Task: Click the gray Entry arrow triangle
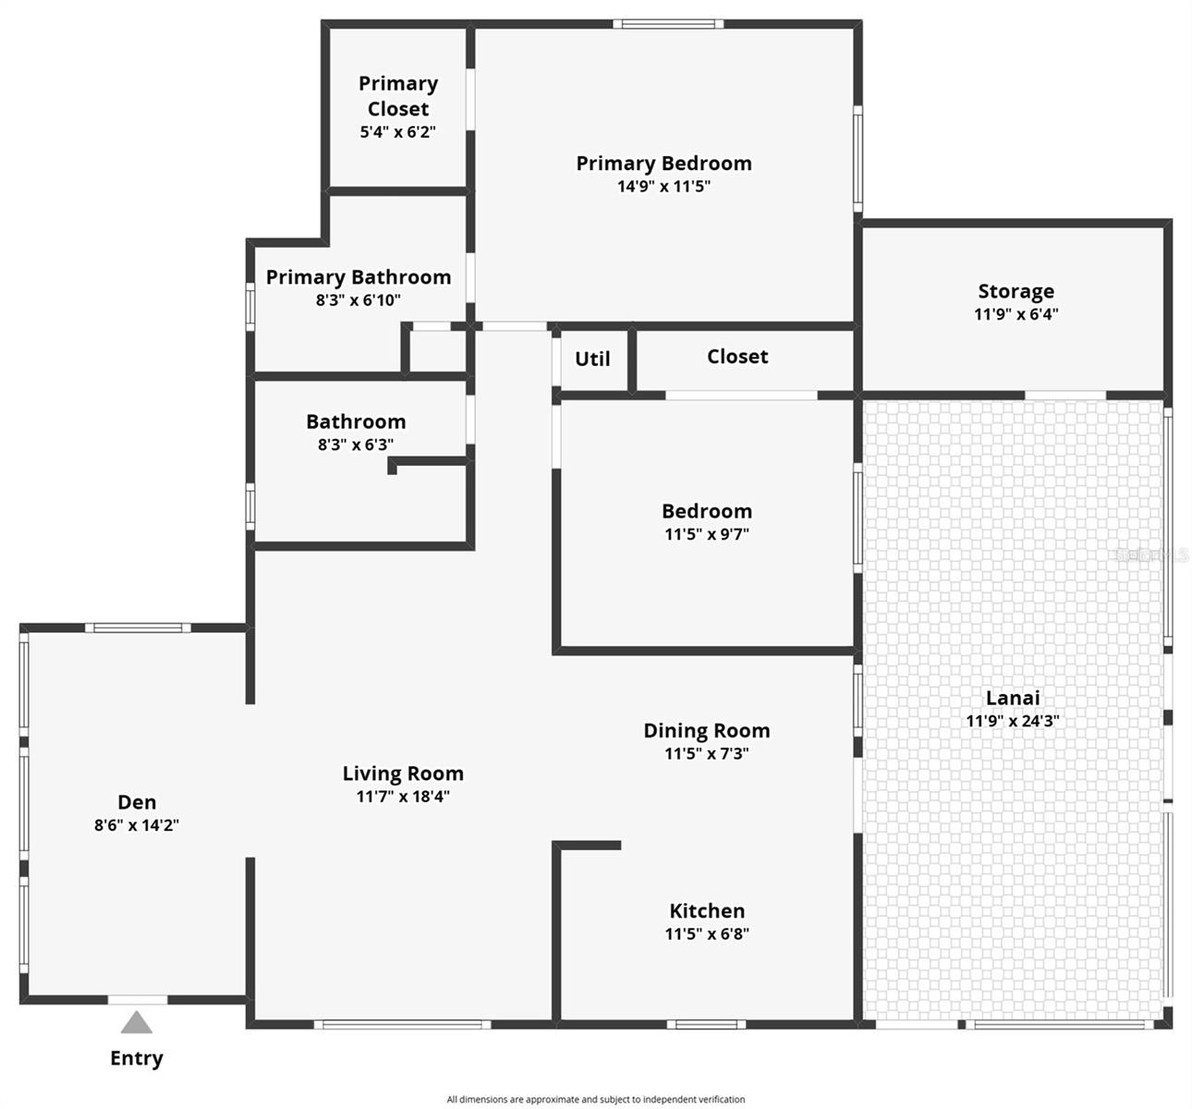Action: coord(137,1022)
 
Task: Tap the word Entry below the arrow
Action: coord(137,1058)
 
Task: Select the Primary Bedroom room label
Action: coord(663,164)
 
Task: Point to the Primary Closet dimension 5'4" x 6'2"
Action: coord(397,132)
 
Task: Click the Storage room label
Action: coord(1016,291)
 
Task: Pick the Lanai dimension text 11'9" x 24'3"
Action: coord(1013,721)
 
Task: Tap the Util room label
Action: coord(592,359)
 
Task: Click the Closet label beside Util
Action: coord(737,357)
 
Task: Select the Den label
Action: coord(137,802)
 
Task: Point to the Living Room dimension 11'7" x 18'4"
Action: coord(403,797)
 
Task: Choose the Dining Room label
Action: coord(707,731)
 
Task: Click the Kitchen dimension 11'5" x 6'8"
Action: coord(707,933)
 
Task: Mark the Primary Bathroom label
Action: coord(359,277)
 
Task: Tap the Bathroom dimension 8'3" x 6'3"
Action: coord(356,445)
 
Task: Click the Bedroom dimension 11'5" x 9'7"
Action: coord(707,534)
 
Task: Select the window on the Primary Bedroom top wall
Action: coord(668,24)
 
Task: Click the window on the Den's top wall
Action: coord(139,628)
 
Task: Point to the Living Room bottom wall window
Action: coord(402,1024)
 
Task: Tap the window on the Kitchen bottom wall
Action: coord(706,1024)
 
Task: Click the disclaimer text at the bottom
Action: coord(596,1100)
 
